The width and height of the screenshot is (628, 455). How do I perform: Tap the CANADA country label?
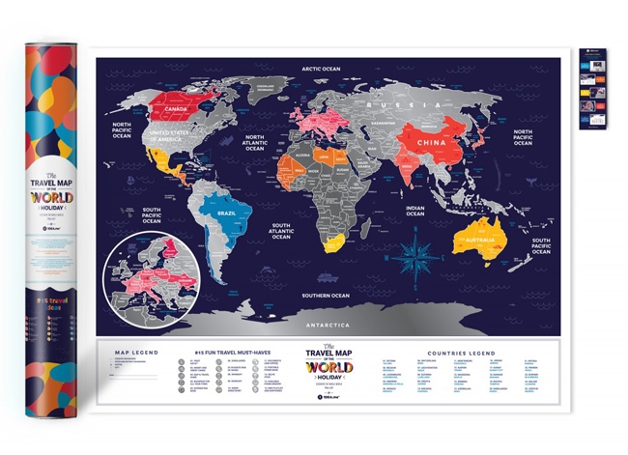click(179, 109)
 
